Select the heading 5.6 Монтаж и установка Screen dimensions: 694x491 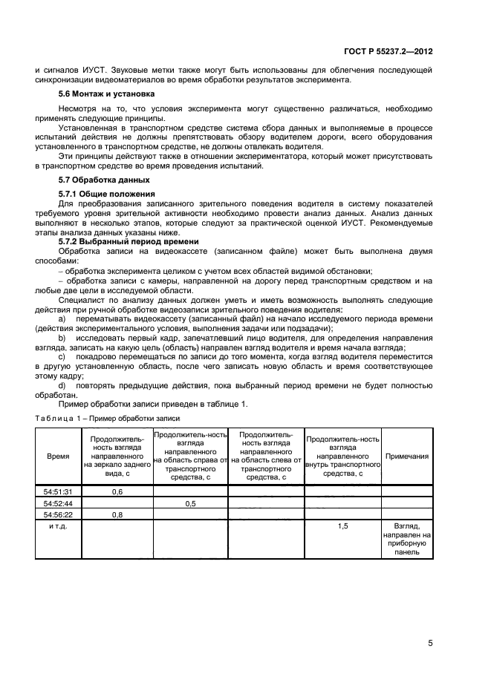point(106,94)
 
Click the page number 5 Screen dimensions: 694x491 point(430,643)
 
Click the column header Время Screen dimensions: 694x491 point(58,456)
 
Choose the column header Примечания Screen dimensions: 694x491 point(408,456)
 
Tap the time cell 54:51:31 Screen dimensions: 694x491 point(58,491)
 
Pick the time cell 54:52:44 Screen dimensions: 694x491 point(58,503)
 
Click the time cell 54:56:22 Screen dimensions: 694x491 point(58,514)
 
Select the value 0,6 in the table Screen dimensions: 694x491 point(117,491)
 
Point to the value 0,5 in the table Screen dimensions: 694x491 point(190,503)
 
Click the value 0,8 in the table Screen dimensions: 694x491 point(117,514)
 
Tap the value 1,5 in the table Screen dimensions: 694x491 point(343,525)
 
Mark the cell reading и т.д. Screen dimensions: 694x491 point(58,525)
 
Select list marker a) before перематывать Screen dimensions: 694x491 point(62,318)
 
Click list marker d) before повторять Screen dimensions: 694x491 point(62,386)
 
